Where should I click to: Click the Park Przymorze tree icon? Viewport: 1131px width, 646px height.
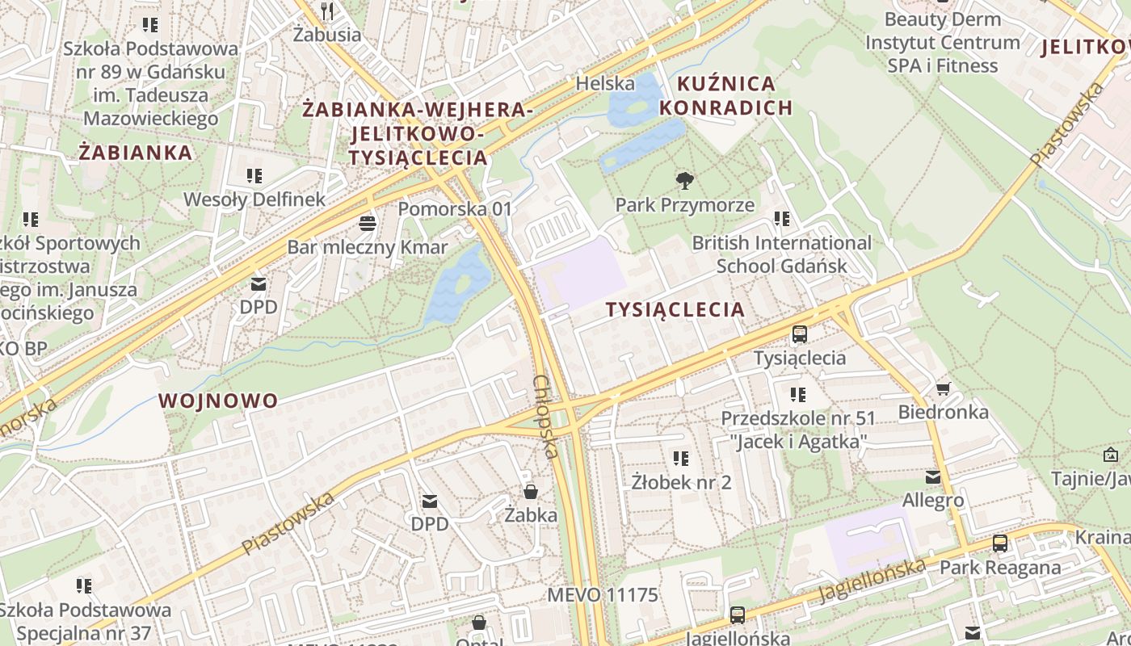[685, 180]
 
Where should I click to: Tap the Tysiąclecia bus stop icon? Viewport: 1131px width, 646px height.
[800, 333]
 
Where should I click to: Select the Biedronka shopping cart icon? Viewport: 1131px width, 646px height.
[943, 388]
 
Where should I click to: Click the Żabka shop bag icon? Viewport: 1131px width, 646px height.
[531, 491]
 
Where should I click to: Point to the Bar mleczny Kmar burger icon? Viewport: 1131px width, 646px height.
[368, 222]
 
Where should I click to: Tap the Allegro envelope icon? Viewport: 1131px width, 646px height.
[933, 476]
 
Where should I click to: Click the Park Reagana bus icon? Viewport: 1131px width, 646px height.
[1000, 543]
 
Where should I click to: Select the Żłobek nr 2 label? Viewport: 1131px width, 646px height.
[681, 483]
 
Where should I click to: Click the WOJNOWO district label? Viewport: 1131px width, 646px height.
[218, 401]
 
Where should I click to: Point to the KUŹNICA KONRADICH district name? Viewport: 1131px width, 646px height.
[725, 95]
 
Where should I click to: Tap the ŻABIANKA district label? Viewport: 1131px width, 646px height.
[136, 153]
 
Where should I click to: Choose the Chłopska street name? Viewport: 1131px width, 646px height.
[547, 416]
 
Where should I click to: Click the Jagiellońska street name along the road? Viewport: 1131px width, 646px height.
[872, 580]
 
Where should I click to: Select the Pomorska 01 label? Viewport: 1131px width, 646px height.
[455, 209]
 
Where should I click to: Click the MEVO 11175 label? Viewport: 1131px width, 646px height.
[603, 595]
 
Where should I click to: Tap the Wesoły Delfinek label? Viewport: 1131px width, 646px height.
[254, 199]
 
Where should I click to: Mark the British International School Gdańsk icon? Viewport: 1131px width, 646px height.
[781, 219]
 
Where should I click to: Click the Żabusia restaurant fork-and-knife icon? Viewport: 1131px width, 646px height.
[327, 10]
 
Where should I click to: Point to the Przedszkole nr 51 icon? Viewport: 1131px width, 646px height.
[797, 395]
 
